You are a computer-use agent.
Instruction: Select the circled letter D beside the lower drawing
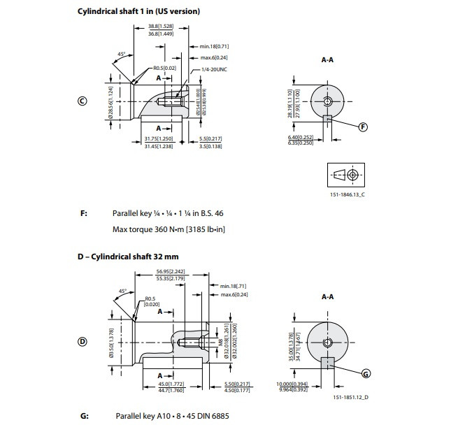(x=82, y=342)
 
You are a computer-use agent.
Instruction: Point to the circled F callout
(x=362, y=127)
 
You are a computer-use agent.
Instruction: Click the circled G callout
(x=365, y=374)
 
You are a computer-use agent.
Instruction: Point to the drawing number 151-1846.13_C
(x=347, y=194)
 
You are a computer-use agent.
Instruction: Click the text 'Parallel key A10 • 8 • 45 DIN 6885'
(x=171, y=417)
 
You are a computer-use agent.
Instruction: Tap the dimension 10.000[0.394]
(x=291, y=384)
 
